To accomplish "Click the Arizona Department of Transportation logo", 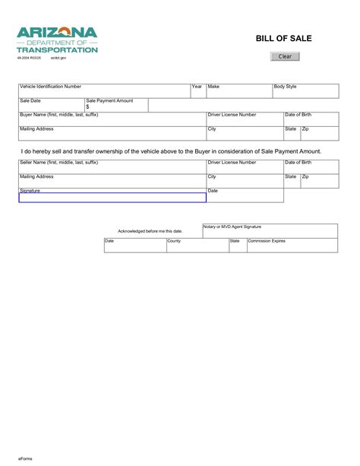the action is [58, 39].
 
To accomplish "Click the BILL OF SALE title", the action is [284, 37].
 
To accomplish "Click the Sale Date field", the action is [51, 106].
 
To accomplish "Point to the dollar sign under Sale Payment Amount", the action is [88, 107].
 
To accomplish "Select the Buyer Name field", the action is [112, 119].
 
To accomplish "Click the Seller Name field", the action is [112, 168].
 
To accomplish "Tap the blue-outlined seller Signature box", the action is [112, 198].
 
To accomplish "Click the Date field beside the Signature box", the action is [245, 196].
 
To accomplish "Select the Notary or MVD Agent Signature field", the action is [270, 231].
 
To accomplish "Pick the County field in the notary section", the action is [197, 246].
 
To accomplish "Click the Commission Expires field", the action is [292, 246].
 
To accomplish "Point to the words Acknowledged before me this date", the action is [150, 230].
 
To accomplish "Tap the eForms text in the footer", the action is [26, 458].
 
